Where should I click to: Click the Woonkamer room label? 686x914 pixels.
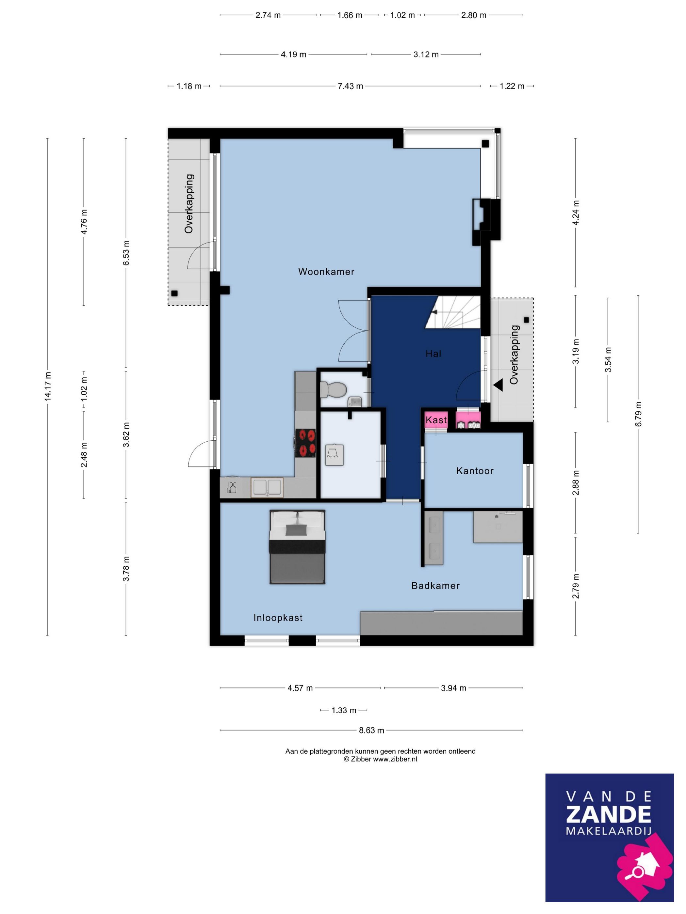tap(326, 272)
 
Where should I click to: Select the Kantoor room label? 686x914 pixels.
tap(475, 471)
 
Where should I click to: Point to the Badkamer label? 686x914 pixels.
tap(435, 586)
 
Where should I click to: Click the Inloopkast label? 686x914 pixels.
tap(278, 618)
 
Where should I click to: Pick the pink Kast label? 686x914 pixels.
tap(436, 420)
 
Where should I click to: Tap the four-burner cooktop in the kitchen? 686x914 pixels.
tap(305, 443)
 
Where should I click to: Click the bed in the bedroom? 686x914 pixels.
tap(297, 547)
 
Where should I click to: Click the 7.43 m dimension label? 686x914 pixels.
tap(350, 86)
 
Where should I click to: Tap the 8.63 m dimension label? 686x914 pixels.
tap(371, 730)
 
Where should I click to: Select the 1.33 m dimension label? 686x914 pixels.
tap(344, 710)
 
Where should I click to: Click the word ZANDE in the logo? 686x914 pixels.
tap(608, 814)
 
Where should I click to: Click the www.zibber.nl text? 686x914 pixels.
tap(395, 759)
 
